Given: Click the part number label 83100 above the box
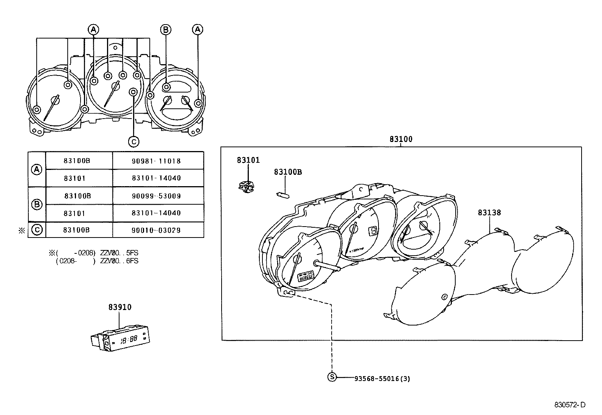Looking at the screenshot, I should coord(401,139).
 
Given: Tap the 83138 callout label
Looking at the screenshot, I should coord(489,213).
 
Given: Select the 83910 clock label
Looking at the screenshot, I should coord(120,307).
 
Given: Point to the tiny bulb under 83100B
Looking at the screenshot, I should coord(283,195).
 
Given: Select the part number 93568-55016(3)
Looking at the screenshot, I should coord(382,378).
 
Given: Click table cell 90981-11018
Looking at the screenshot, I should coord(156,161).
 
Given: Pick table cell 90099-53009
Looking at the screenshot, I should coord(156,196).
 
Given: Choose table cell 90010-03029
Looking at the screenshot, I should coord(156,230).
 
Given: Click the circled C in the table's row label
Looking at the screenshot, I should coord(37,230).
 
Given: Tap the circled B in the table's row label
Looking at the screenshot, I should coord(37,204).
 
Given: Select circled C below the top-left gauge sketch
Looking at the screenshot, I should coord(133,141).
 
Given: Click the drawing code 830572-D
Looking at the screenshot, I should coord(569,405).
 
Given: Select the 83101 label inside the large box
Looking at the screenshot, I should coord(248,160).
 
